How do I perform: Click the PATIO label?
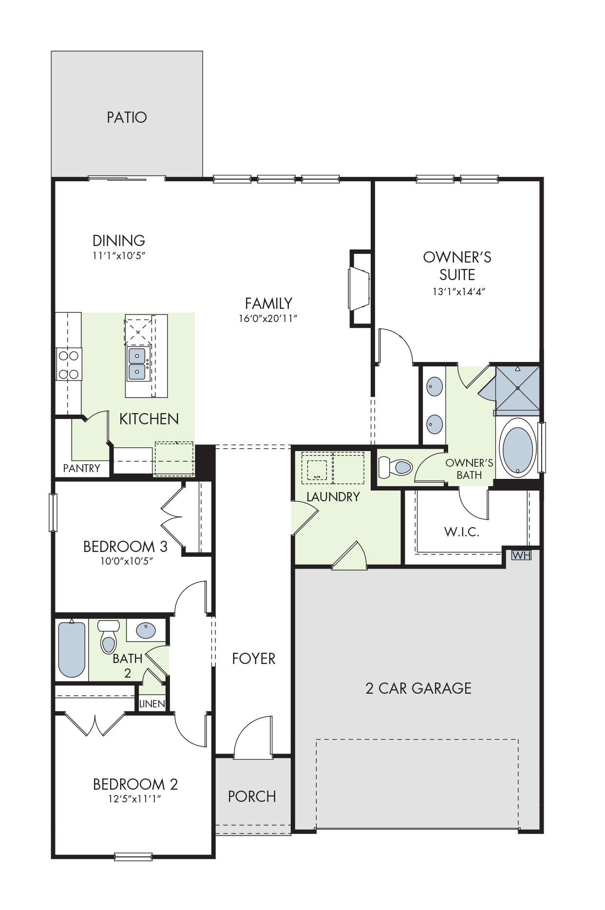[127, 117]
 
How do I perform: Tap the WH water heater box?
[521, 555]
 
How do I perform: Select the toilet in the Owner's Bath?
[396, 467]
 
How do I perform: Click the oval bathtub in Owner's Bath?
[517, 447]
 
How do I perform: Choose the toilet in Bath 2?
[109, 636]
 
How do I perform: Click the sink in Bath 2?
[146, 630]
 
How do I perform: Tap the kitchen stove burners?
[69, 364]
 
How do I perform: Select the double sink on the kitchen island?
[137, 363]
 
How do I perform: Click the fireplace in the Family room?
[359, 288]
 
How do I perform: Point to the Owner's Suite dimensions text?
[459, 292]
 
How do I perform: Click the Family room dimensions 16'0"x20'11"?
[268, 319]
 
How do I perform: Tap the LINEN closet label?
[152, 703]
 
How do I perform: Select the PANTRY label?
[82, 468]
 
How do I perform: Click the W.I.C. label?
[462, 532]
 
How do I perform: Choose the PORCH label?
[252, 796]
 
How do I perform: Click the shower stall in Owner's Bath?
[517, 388]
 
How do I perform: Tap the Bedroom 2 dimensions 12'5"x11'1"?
[135, 799]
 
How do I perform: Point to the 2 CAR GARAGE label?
[418, 688]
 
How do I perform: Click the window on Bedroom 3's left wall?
[53, 512]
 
